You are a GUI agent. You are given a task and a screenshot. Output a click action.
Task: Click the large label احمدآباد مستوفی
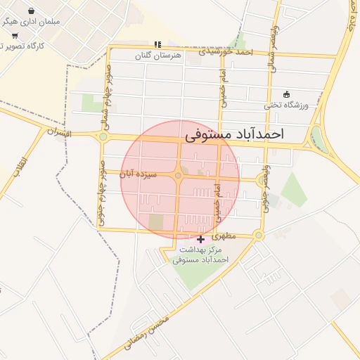point(233,134)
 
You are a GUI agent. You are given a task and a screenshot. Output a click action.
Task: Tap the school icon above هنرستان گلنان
point(157,44)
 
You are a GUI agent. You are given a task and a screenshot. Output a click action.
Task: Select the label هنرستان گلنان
point(158,54)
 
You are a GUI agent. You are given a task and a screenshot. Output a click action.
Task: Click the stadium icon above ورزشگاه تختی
point(286,94)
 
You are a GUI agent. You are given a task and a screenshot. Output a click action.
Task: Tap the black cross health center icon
point(201,239)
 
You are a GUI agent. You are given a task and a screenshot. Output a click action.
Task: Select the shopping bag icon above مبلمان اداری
point(32,11)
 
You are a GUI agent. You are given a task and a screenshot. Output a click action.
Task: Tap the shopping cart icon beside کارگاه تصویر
point(15,35)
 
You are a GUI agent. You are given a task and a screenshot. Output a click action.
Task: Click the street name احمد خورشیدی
point(225,51)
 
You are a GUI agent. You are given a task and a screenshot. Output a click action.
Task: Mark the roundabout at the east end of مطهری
point(259,235)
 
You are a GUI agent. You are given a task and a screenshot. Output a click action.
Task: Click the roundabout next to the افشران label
point(103,137)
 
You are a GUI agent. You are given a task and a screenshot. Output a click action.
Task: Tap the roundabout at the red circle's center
point(179,175)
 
